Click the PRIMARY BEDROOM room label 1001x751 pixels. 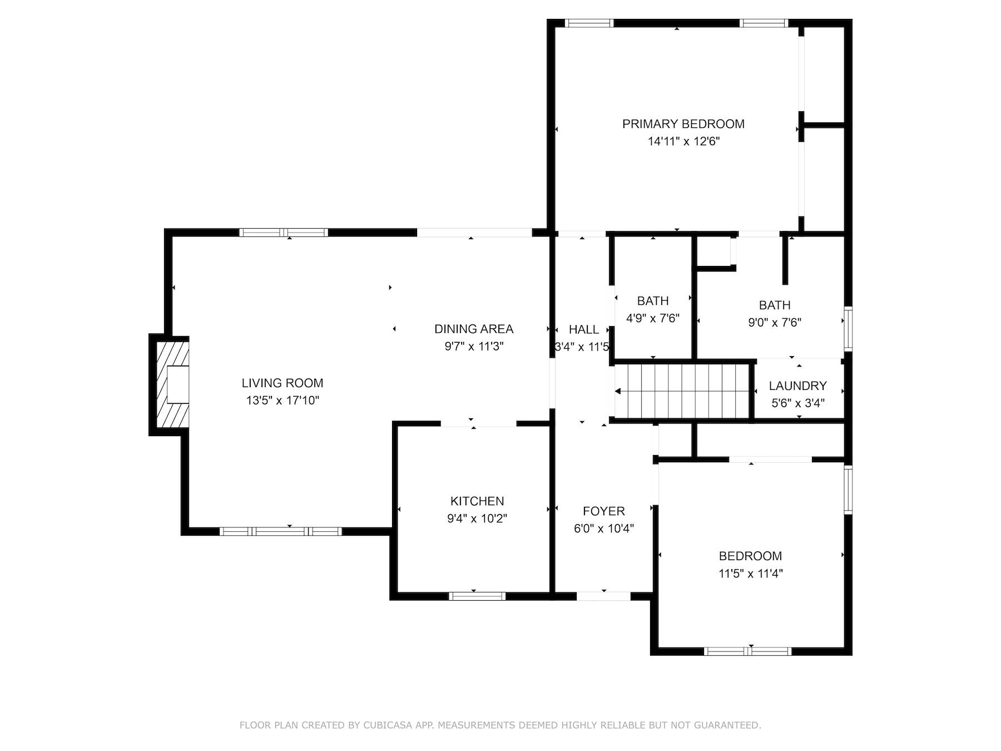(683, 123)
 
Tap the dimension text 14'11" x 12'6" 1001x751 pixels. (683, 141)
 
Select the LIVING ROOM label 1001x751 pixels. (282, 383)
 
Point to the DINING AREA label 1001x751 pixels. (473, 329)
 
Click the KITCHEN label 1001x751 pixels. (477, 501)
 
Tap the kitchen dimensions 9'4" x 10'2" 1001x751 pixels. (477, 518)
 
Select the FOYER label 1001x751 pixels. (603, 511)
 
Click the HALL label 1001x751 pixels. (584, 329)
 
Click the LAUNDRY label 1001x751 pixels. (797, 386)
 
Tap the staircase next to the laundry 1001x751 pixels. (683, 391)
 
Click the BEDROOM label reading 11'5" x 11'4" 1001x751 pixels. (750, 556)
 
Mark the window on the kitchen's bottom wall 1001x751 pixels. (477, 596)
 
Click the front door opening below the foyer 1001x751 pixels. (603, 596)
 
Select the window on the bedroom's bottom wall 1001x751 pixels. (747, 651)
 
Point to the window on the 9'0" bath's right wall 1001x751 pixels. (848, 328)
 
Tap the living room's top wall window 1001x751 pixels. (284, 233)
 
